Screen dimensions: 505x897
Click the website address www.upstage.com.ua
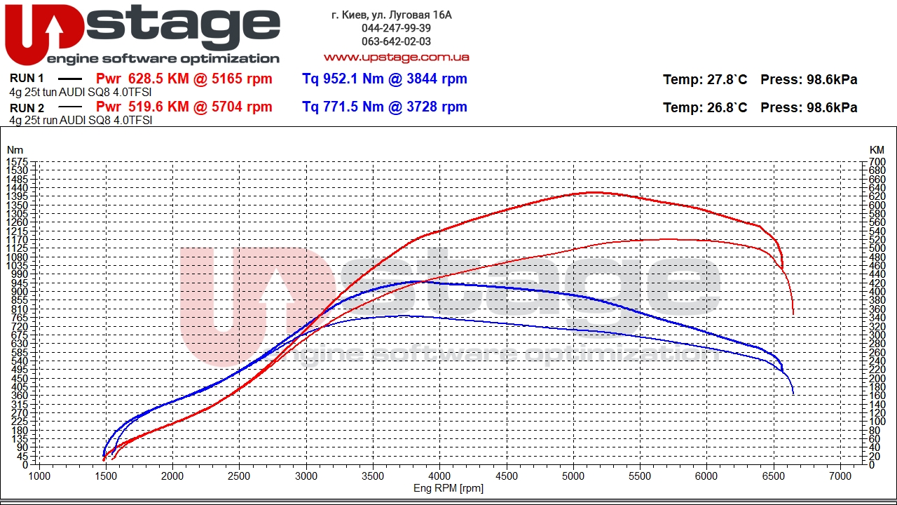(396, 57)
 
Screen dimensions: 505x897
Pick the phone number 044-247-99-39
(396, 28)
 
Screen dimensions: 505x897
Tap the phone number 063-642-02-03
(396, 41)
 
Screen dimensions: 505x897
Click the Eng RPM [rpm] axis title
(448, 488)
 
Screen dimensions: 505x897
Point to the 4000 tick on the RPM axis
(439, 476)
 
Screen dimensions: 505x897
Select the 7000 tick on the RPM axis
(840, 476)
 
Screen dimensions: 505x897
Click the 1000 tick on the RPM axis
(39, 476)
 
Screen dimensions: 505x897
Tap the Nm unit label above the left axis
(15, 149)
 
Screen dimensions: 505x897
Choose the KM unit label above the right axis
(877, 149)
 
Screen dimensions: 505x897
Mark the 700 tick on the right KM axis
(877, 162)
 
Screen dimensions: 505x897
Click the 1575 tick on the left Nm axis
(16, 162)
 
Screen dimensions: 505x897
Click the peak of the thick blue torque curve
(419, 281)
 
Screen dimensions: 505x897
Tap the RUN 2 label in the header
(27, 108)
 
